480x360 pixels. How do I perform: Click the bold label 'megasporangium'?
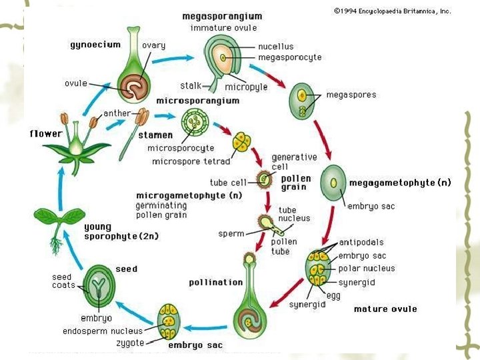coord(223,15)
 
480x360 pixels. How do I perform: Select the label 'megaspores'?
coord(351,95)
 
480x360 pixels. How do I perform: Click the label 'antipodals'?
coord(361,243)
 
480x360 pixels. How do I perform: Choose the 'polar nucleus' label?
coord(367,268)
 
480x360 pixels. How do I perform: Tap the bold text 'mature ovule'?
coord(385,309)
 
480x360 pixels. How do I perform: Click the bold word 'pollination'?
coord(215,282)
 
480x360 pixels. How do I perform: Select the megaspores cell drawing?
coord(301,101)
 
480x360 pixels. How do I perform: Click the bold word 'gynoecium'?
coord(95,45)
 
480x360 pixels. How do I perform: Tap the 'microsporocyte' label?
coord(180,148)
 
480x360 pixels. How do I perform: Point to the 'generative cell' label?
coord(294,161)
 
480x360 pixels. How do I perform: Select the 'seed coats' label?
coord(63,281)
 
